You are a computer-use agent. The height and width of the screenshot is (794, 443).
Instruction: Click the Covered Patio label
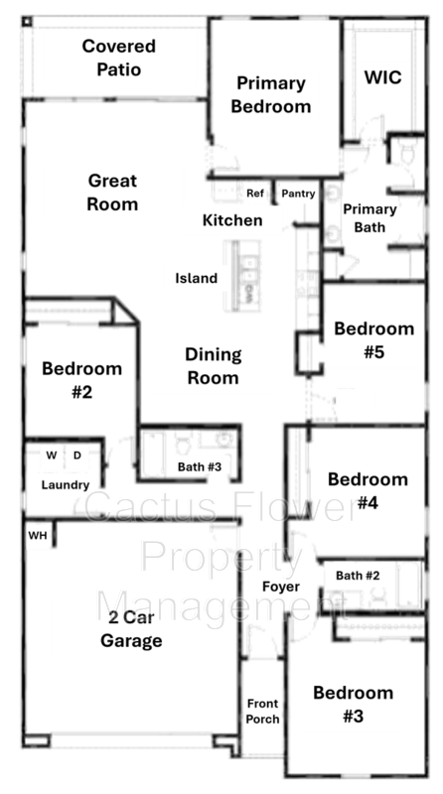(118, 58)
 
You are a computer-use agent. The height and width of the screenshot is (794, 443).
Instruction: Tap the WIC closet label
(382, 77)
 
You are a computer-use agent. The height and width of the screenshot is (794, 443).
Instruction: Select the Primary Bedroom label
(270, 94)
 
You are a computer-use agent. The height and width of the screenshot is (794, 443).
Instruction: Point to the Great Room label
(112, 192)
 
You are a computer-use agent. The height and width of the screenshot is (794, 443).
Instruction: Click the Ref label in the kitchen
(254, 193)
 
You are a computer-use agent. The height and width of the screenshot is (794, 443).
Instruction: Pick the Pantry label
(298, 194)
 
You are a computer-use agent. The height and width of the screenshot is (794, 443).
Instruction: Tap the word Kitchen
(232, 220)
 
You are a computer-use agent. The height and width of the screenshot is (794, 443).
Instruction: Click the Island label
(196, 278)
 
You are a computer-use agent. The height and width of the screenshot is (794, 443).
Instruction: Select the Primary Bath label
(369, 218)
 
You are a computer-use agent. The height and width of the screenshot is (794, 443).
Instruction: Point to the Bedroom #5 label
(373, 340)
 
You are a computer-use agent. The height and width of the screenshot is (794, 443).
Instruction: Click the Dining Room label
(213, 365)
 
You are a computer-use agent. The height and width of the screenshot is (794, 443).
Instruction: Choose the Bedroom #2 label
(81, 380)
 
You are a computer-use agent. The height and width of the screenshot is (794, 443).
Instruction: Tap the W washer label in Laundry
(52, 456)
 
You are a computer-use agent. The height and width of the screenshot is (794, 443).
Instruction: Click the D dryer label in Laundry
(77, 456)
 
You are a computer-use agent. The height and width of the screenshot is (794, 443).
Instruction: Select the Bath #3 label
(200, 466)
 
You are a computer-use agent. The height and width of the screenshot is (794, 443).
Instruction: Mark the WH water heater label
(37, 535)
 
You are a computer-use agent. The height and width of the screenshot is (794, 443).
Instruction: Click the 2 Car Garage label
(131, 628)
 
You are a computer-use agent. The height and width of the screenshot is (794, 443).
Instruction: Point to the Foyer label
(281, 587)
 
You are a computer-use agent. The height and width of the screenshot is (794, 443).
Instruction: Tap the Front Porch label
(262, 711)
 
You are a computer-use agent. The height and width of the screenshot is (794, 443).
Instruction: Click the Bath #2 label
(358, 576)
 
